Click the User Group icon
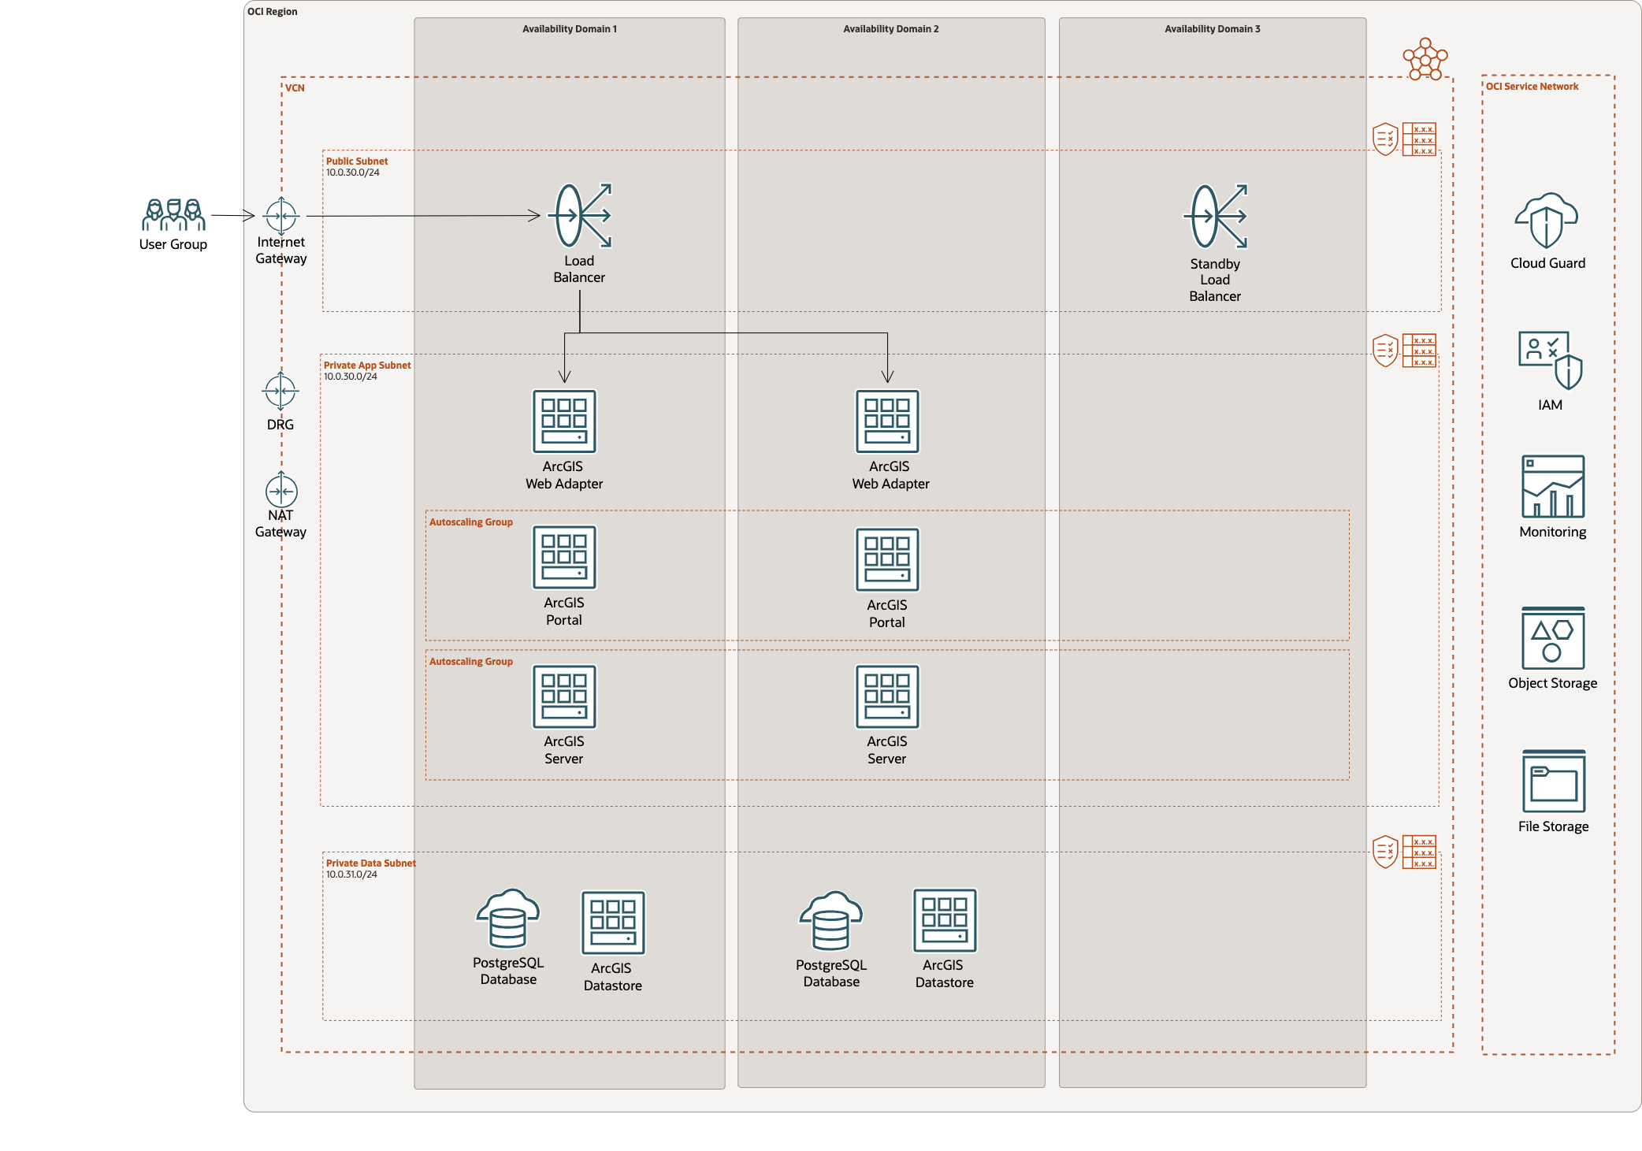(x=173, y=214)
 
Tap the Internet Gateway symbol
(x=281, y=214)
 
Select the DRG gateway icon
(x=280, y=391)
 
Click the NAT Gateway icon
(x=281, y=491)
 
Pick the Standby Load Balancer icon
(x=1215, y=216)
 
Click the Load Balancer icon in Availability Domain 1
(x=581, y=215)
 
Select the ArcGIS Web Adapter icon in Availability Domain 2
(x=887, y=421)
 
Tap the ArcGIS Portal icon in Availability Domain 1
(x=564, y=557)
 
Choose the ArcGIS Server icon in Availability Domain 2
(x=887, y=696)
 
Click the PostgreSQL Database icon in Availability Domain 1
(x=508, y=919)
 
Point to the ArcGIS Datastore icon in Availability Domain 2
(x=944, y=920)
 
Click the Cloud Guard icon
(x=1547, y=221)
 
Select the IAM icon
(x=1550, y=360)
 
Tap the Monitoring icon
(x=1552, y=486)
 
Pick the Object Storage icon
(x=1552, y=638)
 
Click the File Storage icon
(x=1553, y=781)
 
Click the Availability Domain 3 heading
(x=1212, y=29)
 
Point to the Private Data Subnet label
(x=370, y=863)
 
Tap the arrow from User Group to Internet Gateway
(x=232, y=215)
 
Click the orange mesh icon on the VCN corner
(x=1425, y=59)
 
